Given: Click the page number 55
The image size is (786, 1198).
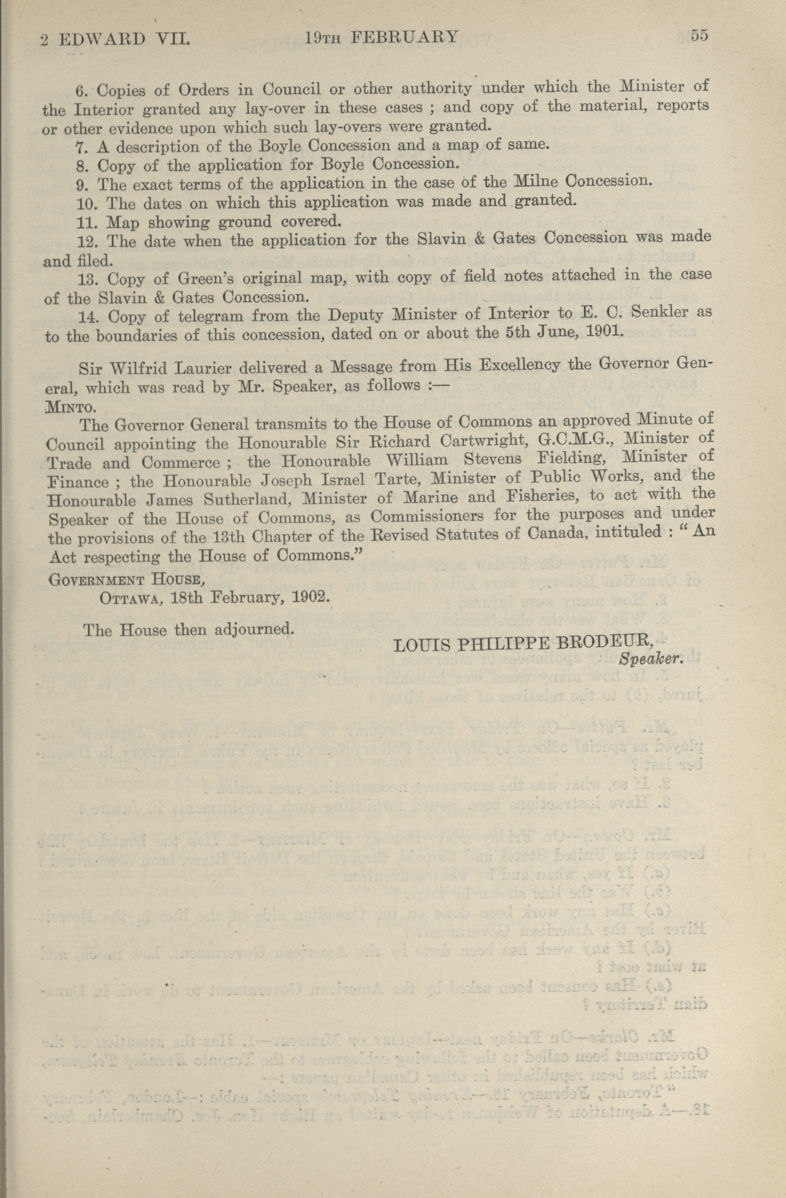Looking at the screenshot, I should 699,36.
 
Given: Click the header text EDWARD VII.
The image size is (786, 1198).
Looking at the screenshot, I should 124,39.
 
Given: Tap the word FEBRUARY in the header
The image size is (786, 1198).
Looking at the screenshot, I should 404,37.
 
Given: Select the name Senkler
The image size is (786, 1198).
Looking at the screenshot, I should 658,312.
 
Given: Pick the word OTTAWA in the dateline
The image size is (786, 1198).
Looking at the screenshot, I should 132,599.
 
